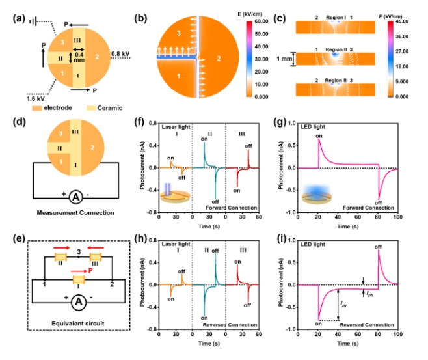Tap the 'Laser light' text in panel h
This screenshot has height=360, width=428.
click(x=176, y=243)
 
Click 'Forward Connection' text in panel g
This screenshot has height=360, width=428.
click(x=372, y=207)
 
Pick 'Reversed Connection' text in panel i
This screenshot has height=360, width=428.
click(x=371, y=324)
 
